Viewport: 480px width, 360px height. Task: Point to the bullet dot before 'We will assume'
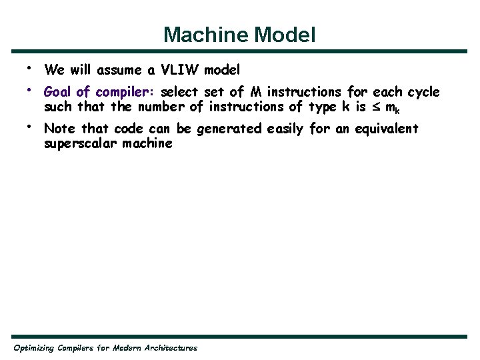pos(29,67)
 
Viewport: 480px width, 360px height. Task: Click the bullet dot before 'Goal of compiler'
pos(29,89)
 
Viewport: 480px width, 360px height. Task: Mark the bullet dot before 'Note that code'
pos(29,126)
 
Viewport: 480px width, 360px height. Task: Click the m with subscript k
pos(393,107)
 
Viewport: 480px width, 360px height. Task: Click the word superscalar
pos(78,143)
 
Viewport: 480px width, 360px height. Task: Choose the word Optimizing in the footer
pos(35,348)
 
